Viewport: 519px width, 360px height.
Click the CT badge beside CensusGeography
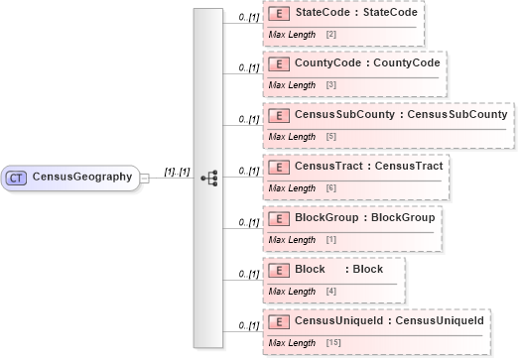point(17,178)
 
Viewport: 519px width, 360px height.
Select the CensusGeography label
point(82,178)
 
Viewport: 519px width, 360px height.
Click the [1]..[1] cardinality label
point(177,172)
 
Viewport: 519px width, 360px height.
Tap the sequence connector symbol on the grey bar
point(208,178)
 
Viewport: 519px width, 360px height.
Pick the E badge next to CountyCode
point(279,64)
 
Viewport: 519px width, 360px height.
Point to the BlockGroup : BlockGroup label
point(364,216)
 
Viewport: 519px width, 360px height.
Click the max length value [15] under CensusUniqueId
point(332,341)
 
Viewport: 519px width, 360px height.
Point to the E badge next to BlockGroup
point(279,216)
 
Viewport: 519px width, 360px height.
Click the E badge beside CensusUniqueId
point(279,320)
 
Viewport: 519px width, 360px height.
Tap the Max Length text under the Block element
point(293,290)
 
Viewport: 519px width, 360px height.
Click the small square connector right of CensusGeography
point(145,178)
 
